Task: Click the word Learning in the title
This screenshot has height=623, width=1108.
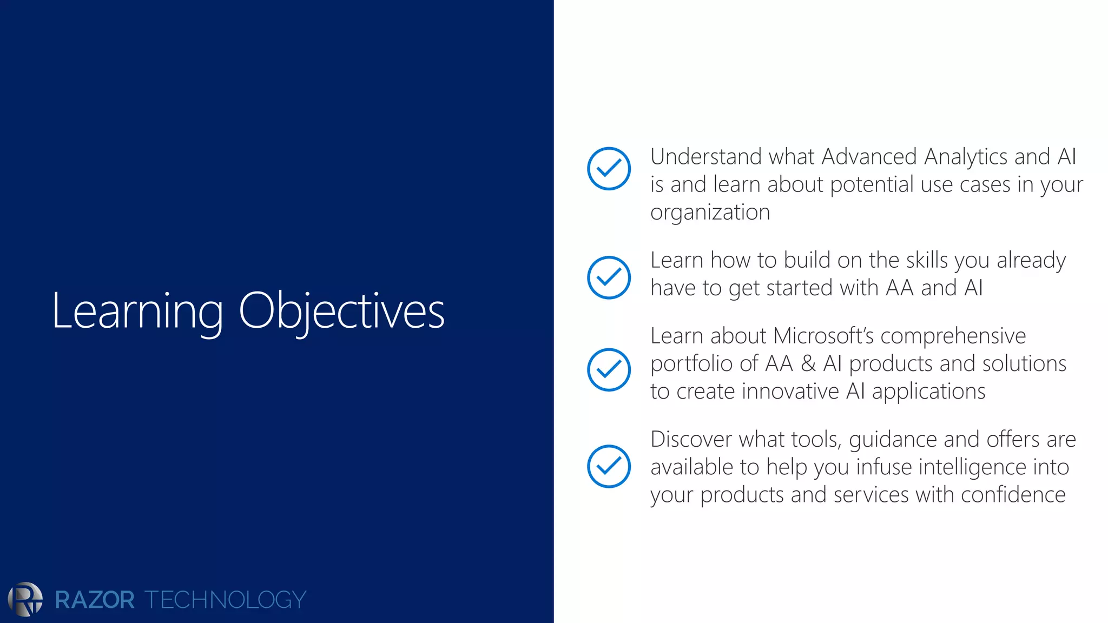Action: pyautogui.click(x=137, y=311)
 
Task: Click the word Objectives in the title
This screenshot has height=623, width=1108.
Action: pyautogui.click(x=341, y=311)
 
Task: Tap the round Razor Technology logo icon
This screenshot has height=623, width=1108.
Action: pyautogui.click(x=25, y=599)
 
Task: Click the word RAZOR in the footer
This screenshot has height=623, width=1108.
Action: pyautogui.click(x=95, y=600)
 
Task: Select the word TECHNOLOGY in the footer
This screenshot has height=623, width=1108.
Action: pyautogui.click(x=225, y=600)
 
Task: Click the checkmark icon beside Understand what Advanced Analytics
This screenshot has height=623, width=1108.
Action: pyautogui.click(x=609, y=169)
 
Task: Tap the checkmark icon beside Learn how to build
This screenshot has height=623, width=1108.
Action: pyautogui.click(x=609, y=277)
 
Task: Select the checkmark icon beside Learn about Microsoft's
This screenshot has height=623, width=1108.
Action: pyautogui.click(x=609, y=370)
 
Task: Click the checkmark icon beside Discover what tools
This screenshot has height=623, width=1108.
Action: pyautogui.click(x=609, y=466)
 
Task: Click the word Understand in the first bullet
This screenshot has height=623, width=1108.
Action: pyautogui.click(x=706, y=157)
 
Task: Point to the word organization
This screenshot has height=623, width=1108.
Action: pyautogui.click(x=710, y=213)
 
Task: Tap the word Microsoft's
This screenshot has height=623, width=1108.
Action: pyautogui.click(x=823, y=336)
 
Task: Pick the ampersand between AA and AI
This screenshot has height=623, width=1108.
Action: pyautogui.click(x=808, y=363)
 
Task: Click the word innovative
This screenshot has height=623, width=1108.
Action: pyautogui.click(x=790, y=391)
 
